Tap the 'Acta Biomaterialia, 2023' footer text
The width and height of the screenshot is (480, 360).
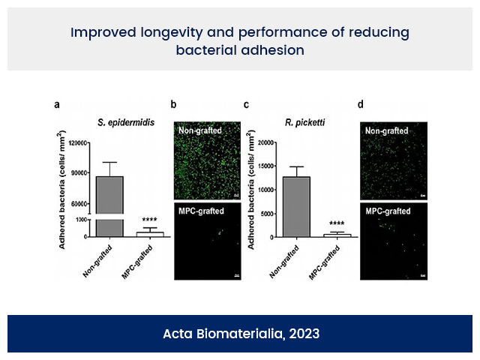241,333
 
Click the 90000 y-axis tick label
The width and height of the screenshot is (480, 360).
77,173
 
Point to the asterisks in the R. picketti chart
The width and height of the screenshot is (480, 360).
336,223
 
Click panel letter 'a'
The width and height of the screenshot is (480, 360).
57,105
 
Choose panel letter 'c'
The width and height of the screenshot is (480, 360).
246,105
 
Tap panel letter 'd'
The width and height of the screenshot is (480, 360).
363,105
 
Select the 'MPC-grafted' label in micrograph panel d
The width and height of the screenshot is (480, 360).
386,211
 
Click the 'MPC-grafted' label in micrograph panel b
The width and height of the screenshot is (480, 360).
200,211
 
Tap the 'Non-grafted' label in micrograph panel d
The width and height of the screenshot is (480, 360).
386,130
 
